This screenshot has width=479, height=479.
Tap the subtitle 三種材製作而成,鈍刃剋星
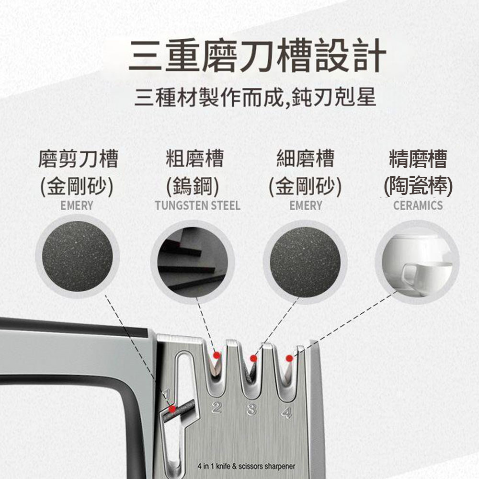[255, 97]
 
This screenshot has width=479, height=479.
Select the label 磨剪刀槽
[78, 159]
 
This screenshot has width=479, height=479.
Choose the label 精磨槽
[418, 159]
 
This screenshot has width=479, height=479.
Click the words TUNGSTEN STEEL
[198, 205]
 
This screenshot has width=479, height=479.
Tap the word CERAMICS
[418, 205]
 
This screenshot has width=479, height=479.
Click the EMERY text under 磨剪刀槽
[77, 205]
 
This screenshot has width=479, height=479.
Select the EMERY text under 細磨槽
[306, 205]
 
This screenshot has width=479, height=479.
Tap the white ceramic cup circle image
[417, 262]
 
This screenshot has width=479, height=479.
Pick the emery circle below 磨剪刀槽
[77, 256]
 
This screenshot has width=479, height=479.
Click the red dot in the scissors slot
[172, 409]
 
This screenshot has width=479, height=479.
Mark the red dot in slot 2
[217, 355]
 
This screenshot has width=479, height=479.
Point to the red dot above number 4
[289, 358]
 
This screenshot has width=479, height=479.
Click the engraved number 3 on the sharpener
[251, 410]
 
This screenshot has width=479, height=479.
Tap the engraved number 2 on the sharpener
[217, 407]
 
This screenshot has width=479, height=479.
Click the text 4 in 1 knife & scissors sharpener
[246, 466]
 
